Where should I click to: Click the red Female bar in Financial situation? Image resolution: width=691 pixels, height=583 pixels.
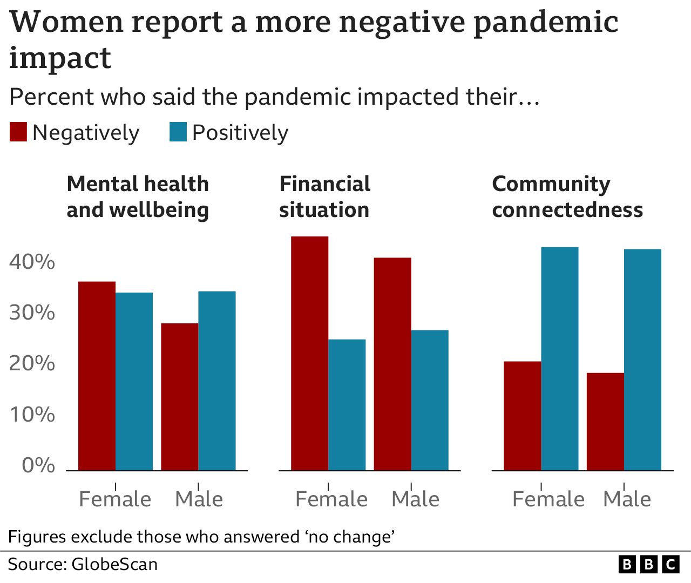point(309,354)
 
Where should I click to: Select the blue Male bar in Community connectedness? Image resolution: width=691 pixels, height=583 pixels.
point(642,360)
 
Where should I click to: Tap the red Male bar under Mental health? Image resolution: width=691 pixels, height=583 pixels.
point(179,397)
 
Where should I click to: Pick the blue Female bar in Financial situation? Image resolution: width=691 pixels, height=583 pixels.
point(347,405)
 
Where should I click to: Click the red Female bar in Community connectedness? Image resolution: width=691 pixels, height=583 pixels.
point(522,416)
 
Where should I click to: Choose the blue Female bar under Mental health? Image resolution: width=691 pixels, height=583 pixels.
point(134,381)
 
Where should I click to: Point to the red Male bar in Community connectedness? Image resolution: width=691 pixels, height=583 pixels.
point(605,422)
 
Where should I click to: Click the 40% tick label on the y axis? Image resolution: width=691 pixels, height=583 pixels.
point(32,262)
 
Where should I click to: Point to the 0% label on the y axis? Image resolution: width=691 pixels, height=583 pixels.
point(38,465)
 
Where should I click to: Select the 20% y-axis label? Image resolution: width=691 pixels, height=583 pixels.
point(32,364)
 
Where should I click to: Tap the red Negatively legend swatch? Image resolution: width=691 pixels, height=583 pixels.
point(18,132)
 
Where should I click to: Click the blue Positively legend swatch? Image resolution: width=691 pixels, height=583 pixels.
point(178,132)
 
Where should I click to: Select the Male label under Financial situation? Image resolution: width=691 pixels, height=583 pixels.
point(415,499)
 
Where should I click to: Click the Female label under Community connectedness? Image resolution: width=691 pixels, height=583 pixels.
point(548,499)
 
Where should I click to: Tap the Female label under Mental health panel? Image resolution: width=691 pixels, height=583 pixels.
point(115,499)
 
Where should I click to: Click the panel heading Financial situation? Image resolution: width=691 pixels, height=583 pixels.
point(324,197)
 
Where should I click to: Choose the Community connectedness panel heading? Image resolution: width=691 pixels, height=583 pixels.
point(567,197)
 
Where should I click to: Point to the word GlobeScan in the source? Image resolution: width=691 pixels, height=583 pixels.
point(114,565)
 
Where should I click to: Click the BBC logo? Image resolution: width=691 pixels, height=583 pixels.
point(648,565)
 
